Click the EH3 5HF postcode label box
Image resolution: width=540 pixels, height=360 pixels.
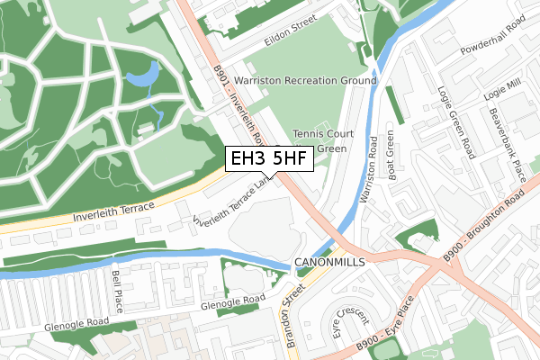pyautogui.click(x=267, y=159)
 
